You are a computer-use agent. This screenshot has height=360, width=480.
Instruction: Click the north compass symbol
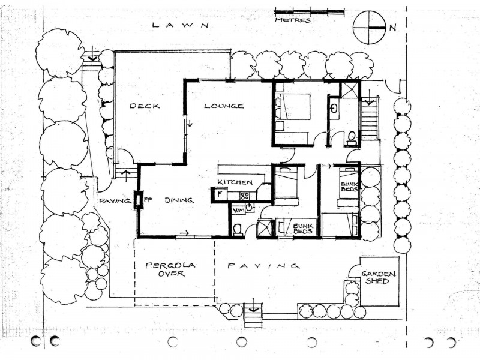point(369,28)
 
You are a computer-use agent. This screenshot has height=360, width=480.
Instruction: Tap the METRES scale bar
point(310,11)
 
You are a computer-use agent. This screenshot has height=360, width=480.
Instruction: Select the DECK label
point(145,106)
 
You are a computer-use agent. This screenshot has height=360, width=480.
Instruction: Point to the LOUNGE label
point(224,106)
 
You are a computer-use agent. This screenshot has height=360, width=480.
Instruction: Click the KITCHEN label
point(235,182)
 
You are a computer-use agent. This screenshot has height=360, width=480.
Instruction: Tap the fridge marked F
point(219,194)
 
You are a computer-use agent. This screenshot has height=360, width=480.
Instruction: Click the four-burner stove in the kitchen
point(245,195)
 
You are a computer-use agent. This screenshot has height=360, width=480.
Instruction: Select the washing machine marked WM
point(238,209)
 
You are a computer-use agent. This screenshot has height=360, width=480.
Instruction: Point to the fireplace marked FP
point(139,199)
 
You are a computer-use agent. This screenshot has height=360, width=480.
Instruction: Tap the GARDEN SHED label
point(375,277)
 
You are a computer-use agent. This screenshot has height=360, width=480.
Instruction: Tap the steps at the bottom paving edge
point(253,316)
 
